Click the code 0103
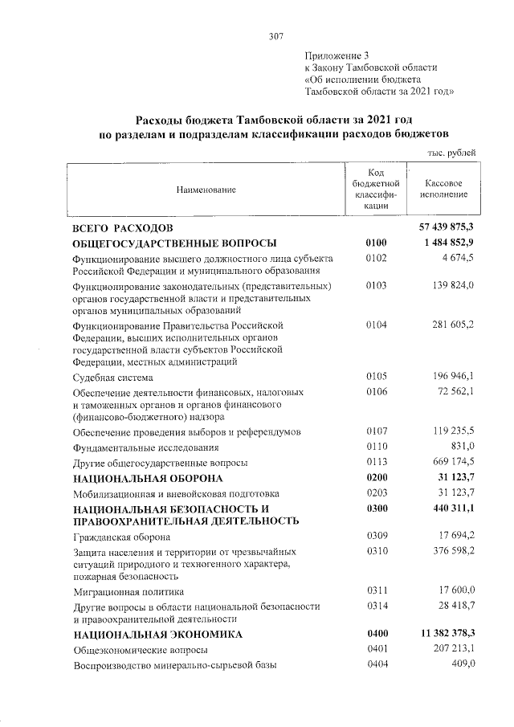coord(376,285)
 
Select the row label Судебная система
coord(112,377)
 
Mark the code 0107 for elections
coord(376,432)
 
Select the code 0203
coord(376,493)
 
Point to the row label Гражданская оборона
coord(120,537)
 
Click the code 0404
coord(376,665)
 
